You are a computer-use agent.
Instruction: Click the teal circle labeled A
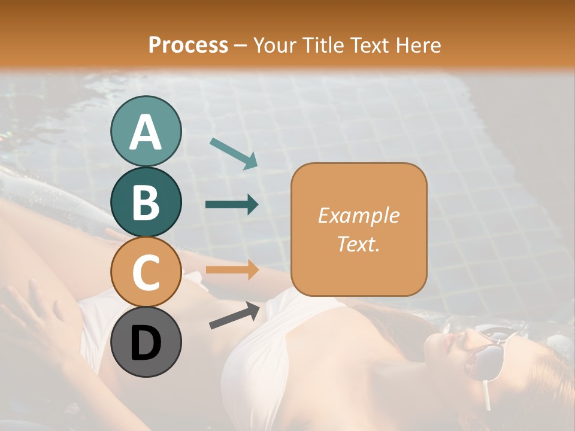click(146, 131)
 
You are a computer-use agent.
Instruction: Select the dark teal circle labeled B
click(146, 202)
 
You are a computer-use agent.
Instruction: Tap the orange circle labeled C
click(146, 272)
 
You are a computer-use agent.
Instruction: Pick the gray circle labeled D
click(146, 342)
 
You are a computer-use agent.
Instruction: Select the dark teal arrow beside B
click(232, 205)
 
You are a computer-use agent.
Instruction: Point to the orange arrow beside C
click(232, 270)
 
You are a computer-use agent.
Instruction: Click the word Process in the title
click(188, 45)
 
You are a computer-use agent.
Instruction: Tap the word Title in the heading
click(322, 45)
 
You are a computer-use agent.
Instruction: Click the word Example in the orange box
click(358, 215)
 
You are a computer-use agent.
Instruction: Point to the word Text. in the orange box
click(358, 244)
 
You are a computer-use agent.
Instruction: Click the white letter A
click(146, 132)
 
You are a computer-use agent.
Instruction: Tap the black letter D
click(146, 342)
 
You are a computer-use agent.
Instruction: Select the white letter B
click(146, 202)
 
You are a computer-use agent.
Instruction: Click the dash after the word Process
click(241, 45)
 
